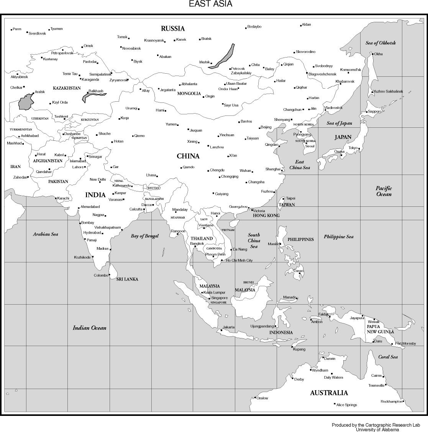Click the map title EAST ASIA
pyautogui.click(x=210, y=4)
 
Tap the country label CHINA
pyautogui.click(x=188, y=156)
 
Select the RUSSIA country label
pyautogui.click(x=172, y=28)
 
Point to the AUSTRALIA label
pyautogui.click(x=329, y=392)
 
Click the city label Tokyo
pyautogui.click(x=353, y=148)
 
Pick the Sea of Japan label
pyautogui.click(x=339, y=123)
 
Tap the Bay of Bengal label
pyautogui.click(x=144, y=236)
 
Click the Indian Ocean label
pyautogui.click(x=89, y=328)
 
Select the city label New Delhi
pyautogui.click(x=98, y=180)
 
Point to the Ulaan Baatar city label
pyautogui.click(x=236, y=84)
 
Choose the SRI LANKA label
pyautogui.click(x=127, y=279)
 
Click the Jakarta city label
pyautogui.click(x=229, y=327)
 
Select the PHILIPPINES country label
pyautogui.click(x=300, y=239)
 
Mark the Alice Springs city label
pyautogui.click(x=346, y=405)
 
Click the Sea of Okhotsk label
pyautogui.click(x=380, y=43)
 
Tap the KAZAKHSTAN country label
pyautogui.click(x=67, y=88)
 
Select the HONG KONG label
pyautogui.click(x=266, y=216)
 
